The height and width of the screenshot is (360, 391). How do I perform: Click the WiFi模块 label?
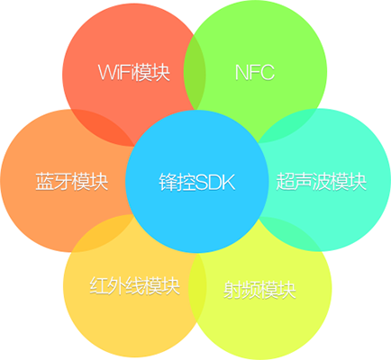(134, 72)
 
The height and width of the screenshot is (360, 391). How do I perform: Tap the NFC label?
(255, 72)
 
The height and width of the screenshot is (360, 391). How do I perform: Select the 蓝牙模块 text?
(72, 181)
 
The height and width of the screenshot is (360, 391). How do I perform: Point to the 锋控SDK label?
(196, 182)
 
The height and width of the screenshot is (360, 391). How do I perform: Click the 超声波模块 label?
(322, 181)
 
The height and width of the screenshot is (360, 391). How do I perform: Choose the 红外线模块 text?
(134, 286)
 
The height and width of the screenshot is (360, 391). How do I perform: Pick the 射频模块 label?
(259, 290)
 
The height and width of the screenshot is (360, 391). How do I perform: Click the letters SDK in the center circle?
(215, 182)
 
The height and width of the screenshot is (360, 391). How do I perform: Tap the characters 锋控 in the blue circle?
(177, 182)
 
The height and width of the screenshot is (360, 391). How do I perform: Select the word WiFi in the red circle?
(115, 72)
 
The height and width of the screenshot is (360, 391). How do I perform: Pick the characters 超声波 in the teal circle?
(303, 181)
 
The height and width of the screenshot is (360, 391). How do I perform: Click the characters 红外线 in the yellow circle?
(116, 286)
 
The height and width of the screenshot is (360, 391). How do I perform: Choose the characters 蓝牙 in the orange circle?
(53, 181)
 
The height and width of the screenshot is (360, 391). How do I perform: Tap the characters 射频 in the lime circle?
(241, 290)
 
